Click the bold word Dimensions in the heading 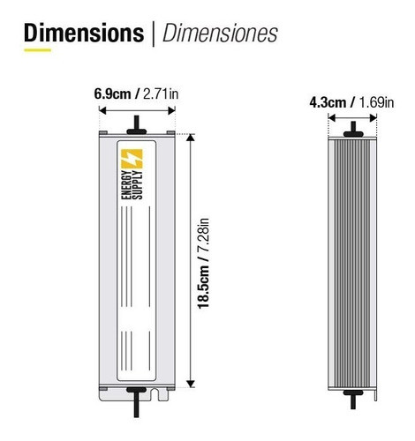[84, 34]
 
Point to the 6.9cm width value [114, 93]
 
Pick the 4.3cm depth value [329, 102]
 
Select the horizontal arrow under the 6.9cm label [137, 110]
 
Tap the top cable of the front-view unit [137, 123]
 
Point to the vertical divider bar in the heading [154, 34]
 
